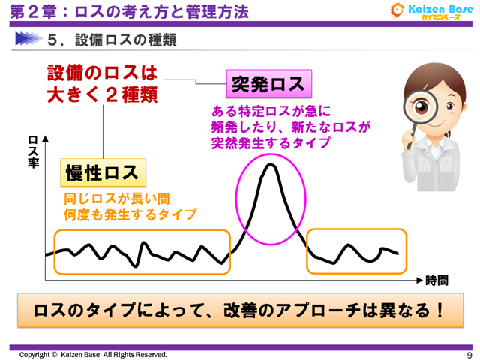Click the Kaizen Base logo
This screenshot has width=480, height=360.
pyautogui.click(x=430, y=11)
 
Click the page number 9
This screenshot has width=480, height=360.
pyautogui.click(x=469, y=354)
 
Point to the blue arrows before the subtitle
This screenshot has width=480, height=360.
pyautogui.click(x=30, y=40)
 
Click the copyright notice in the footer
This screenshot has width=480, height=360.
pyautogui.click(x=94, y=354)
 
